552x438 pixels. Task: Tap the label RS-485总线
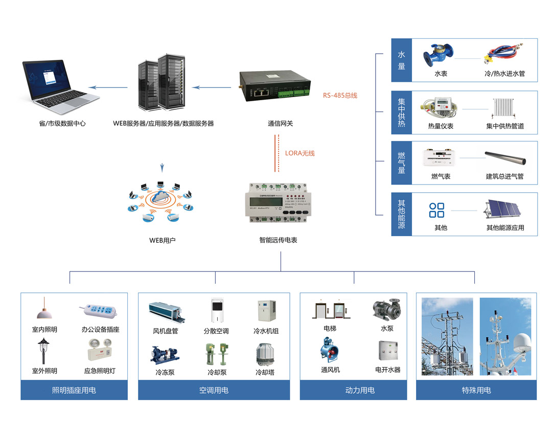[x=340, y=95]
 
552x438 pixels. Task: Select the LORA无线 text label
[x=300, y=153]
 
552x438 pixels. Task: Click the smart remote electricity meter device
[x=278, y=203]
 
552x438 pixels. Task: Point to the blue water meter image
[x=438, y=54]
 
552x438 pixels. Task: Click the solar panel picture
[x=503, y=208]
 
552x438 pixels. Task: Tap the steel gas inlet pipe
[x=505, y=158]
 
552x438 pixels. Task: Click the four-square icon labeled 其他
[x=437, y=210]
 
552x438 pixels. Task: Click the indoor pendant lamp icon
[x=44, y=309]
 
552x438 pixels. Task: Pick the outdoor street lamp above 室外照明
[x=44, y=351]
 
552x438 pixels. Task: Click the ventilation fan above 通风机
[x=329, y=352]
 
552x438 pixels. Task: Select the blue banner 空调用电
[x=214, y=390]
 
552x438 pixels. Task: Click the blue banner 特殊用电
[x=476, y=390]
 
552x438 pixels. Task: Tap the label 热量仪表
[x=441, y=126]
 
